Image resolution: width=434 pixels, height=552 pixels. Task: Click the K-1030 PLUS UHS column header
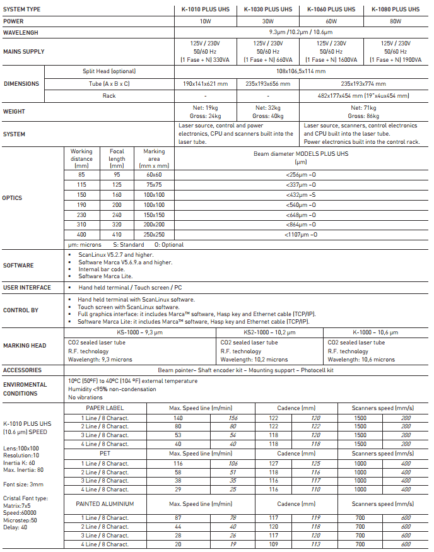tap(268, 9)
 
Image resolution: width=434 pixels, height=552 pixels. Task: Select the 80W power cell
tap(395, 21)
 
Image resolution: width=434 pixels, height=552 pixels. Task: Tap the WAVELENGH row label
tap(21, 32)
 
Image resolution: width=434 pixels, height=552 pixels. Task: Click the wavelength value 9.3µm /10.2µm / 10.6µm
tap(301, 32)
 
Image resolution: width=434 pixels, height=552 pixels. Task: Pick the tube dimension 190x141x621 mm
tap(205, 83)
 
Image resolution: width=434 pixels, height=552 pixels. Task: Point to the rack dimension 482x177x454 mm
tap(363, 96)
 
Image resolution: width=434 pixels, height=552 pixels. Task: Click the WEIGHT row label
tap(15, 112)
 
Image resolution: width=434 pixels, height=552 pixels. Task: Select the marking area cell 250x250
tap(154, 234)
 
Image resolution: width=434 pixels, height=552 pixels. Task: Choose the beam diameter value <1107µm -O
tap(301, 234)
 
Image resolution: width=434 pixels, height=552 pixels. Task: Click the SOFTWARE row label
tap(18, 266)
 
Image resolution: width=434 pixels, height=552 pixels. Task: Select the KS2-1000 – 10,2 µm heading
tap(269, 331)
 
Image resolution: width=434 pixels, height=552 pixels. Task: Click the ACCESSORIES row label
tap(22, 370)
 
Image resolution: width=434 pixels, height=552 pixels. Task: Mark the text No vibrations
tap(86, 397)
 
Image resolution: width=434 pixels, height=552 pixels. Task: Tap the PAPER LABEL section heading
tap(104, 408)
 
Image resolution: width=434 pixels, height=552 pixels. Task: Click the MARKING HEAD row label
tap(24, 346)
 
